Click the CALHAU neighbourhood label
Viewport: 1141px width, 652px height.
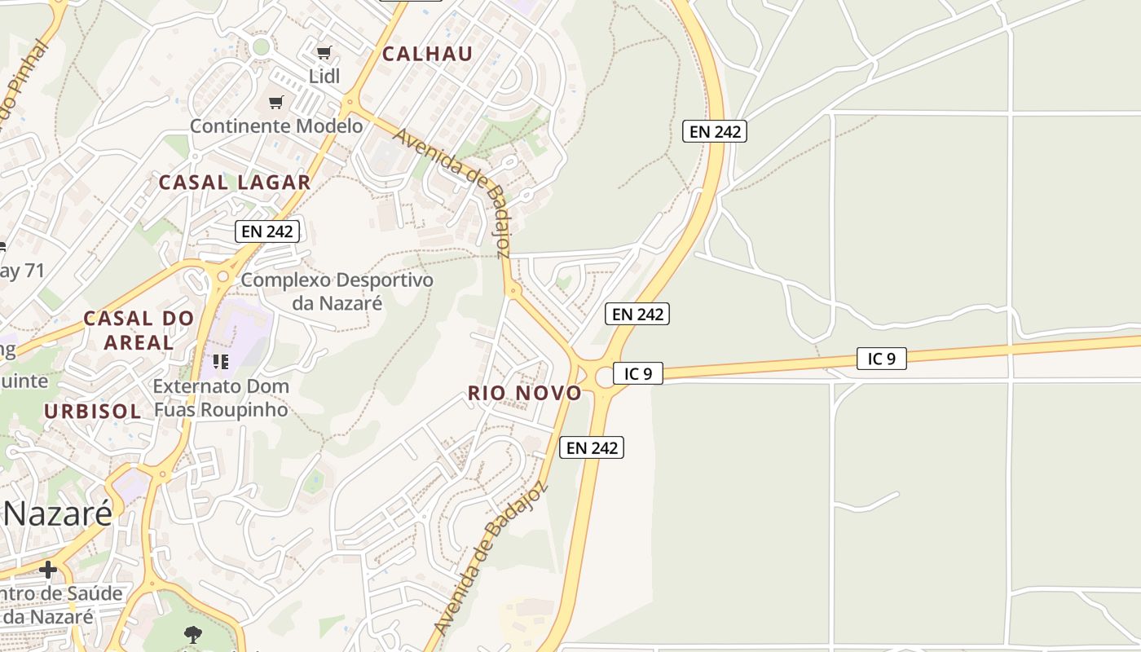point(427,54)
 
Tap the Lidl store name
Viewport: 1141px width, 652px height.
point(324,76)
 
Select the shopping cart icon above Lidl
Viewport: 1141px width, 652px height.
point(324,53)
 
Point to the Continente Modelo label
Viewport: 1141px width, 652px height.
point(276,126)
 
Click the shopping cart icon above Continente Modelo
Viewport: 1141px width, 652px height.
point(276,102)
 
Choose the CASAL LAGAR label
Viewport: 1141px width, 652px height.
point(235,183)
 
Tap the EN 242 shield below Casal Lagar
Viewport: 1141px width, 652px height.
point(268,231)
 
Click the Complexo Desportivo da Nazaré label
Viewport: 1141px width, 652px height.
point(337,291)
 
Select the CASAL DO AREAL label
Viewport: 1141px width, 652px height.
point(139,329)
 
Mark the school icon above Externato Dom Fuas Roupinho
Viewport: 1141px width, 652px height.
point(220,361)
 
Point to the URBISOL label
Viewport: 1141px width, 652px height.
point(92,412)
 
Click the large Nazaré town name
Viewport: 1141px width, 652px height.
point(57,514)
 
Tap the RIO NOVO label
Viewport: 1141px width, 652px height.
point(525,394)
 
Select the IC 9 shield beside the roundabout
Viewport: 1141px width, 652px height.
point(638,373)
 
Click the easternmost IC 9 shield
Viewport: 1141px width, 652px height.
point(882,358)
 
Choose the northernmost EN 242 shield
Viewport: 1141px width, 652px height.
point(715,130)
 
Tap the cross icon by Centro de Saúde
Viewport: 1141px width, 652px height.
point(48,569)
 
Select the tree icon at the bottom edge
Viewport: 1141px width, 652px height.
point(193,634)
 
